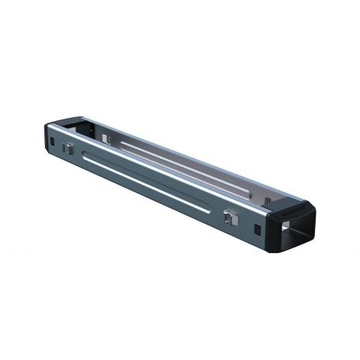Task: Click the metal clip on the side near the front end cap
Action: [x=229, y=217]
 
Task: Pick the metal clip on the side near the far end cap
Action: [x=69, y=149]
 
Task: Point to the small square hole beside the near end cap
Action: [x=259, y=229]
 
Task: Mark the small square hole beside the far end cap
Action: [x=53, y=142]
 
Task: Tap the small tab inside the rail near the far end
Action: [x=104, y=138]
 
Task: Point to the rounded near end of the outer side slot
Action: [x=209, y=207]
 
